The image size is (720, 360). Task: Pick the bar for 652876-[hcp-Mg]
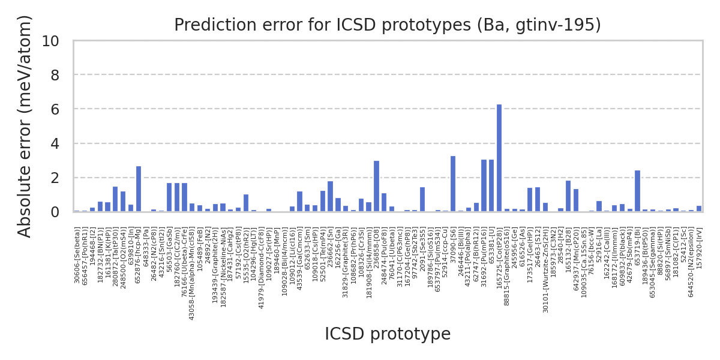tap(139, 189)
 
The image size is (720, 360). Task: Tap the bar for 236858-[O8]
tap(376, 187)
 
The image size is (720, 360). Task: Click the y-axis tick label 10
tap(51, 41)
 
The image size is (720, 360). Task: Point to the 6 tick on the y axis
tap(55, 110)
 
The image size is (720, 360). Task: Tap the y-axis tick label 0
tap(55, 212)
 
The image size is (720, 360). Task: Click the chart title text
tap(387, 25)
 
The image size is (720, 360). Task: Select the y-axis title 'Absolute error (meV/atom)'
tap(25, 126)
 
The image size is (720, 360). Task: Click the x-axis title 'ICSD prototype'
tap(387, 334)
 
